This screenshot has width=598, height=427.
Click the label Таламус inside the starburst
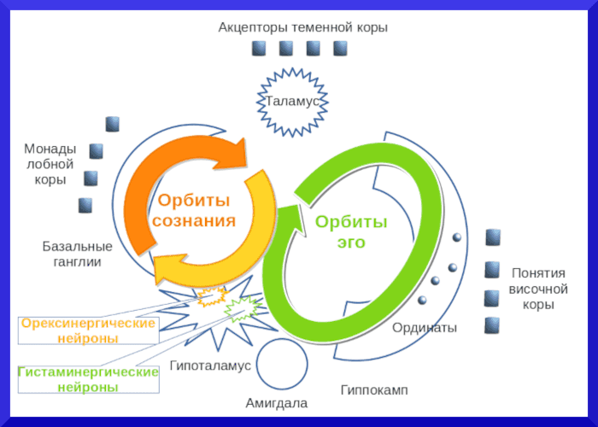tap(292, 102)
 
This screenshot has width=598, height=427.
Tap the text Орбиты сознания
tap(194, 211)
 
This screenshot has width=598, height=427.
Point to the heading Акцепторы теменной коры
tap(302, 27)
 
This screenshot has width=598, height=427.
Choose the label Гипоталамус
tap(210, 366)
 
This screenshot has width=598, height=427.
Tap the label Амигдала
tap(276, 403)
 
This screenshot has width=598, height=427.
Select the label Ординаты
tap(425, 327)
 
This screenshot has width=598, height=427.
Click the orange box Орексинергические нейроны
tap(89, 330)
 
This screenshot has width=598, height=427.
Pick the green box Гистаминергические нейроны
tap(89, 380)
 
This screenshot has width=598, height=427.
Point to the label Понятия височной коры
tap(538, 289)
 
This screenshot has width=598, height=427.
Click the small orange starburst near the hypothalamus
tap(211, 295)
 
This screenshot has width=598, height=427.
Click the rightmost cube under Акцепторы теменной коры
tap(340, 48)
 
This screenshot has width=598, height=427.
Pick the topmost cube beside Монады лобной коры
tap(112, 124)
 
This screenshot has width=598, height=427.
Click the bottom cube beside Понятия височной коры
tap(492, 325)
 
